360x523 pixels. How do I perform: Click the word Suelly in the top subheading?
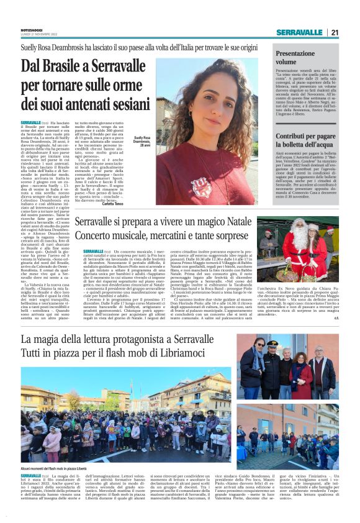coord(30,47)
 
